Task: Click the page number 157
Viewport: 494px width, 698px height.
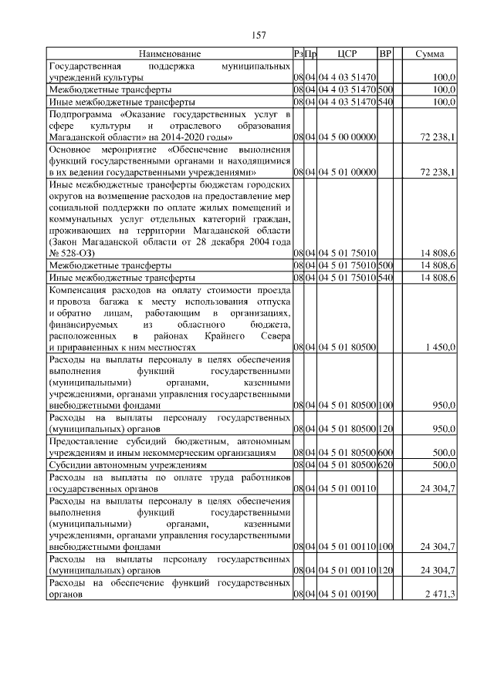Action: click(259, 35)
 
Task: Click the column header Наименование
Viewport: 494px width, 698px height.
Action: click(170, 54)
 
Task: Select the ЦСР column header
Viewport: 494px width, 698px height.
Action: click(346, 54)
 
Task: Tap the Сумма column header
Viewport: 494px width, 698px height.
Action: click(429, 54)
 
